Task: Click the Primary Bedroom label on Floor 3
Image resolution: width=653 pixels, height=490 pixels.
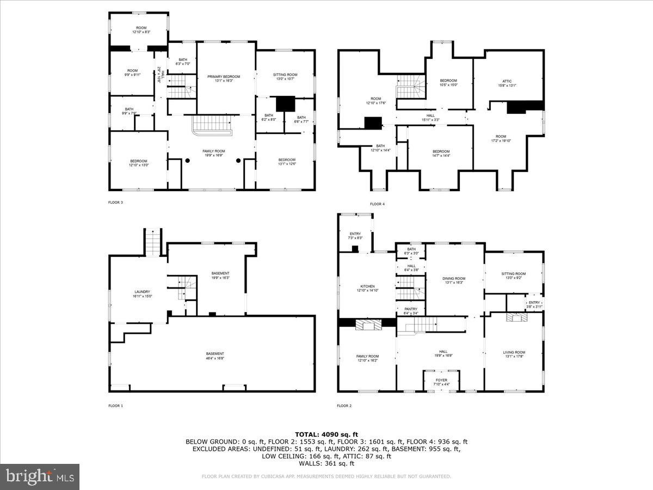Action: pyautogui.click(x=224, y=78)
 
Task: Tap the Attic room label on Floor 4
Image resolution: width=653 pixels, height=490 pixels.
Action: pyautogui.click(x=507, y=83)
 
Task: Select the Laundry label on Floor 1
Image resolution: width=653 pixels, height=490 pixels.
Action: pyautogui.click(x=142, y=294)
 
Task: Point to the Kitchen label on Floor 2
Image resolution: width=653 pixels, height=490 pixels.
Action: pyautogui.click(x=367, y=289)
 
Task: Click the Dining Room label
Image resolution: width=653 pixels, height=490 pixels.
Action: pyautogui.click(x=454, y=280)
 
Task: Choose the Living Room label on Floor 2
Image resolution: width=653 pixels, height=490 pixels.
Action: pyautogui.click(x=514, y=354)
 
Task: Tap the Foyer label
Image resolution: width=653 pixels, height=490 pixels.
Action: pyautogui.click(x=441, y=382)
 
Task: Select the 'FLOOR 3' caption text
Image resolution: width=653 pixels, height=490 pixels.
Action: pyautogui.click(x=115, y=203)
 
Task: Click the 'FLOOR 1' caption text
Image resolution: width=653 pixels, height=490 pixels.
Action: pyautogui.click(x=115, y=406)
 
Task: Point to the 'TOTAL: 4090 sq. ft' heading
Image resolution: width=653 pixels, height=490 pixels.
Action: pyautogui.click(x=326, y=434)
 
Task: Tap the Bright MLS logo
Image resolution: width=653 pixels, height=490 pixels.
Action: pyautogui.click(x=40, y=477)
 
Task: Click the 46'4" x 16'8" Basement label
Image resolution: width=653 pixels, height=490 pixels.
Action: pyautogui.click(x=215, y=356)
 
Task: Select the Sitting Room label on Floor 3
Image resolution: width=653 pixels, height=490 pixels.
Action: pyautogui.click(x=285, y=77)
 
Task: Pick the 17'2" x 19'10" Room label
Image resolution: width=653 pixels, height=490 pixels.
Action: pyautogui.click(x=501, y=138)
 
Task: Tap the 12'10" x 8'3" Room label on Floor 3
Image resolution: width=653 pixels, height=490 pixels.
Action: pyautogui.click(x=141, y=29)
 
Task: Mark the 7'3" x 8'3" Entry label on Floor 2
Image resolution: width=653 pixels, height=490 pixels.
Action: pyautogui.click(x=355, y=236)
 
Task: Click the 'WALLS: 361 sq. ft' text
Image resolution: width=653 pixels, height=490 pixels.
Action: pyautogui.click(x=326, y=463)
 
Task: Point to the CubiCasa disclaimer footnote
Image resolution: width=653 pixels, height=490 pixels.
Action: pyautogui.click(x=326, y=476)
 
